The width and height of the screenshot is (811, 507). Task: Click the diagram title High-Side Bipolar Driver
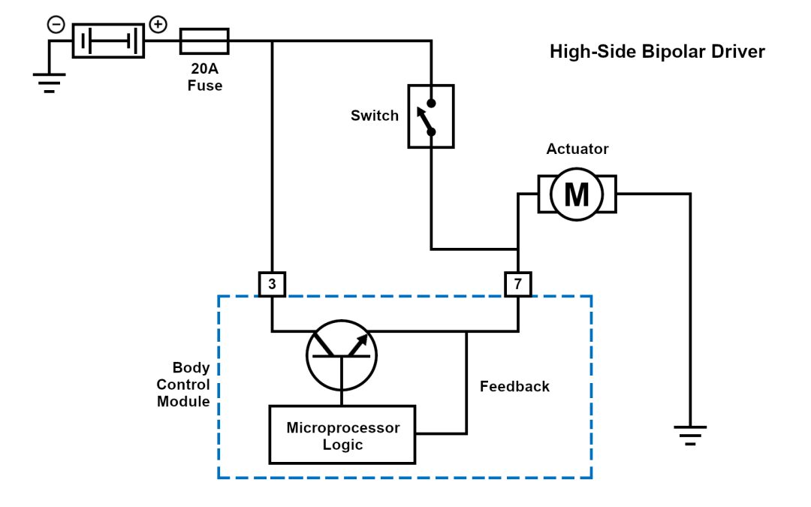pyautogui.click(x=657, y=52)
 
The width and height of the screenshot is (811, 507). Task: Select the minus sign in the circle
pyautogui.click(x=56, y=25)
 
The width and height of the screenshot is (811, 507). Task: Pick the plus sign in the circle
pyautogui.click(x=158, y=25)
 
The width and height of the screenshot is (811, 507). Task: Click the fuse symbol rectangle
pyautogui.click(x=204, y=41)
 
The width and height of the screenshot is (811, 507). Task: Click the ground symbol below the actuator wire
pyautogui.click(x=690, y=434)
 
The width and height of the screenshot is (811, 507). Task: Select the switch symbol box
pyautogui.click(x=431, y=116)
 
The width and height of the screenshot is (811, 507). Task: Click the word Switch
pyautogui.click(x=375, y=116)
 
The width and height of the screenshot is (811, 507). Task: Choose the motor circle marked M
pyautogui.click(x=577, y=195)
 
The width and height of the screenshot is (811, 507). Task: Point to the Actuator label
pyautogui.click(x=577, y=149)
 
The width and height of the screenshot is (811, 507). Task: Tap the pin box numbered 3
pyautogui.click(x=272, y=284)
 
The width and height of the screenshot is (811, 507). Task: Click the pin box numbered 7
pyautogui.click(x=517, y=284)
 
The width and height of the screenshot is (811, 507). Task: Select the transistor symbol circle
pyautogui.click(x=342, y=356)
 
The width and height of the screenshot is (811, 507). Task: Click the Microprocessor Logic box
pyautogui.click(x=343, y=435)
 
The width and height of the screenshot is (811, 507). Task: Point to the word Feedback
pyautogui.click(x=514, y=387)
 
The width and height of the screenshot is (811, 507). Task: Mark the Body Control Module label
pyautogui.click(x=183, y=385)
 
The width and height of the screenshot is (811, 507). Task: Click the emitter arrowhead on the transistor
pyautogui.click(x=362, y=340)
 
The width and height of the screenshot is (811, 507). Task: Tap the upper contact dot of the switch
pyautogui.click(x=431, y=103)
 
